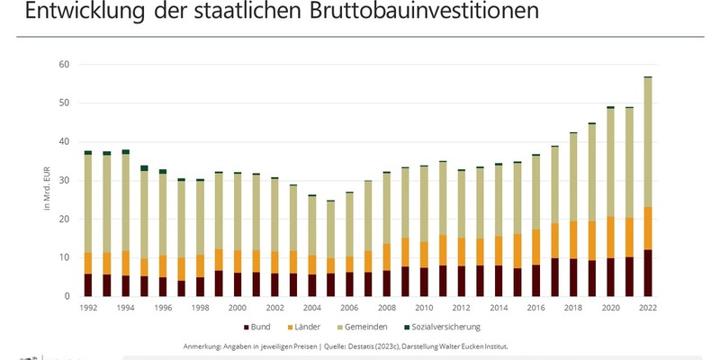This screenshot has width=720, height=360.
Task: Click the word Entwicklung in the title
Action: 82,13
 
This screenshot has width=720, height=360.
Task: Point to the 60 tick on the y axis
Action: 63,65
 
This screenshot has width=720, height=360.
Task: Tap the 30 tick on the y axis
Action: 63,181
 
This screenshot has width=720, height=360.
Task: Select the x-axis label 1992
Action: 88,308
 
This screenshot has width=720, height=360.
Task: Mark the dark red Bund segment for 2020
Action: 610,277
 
